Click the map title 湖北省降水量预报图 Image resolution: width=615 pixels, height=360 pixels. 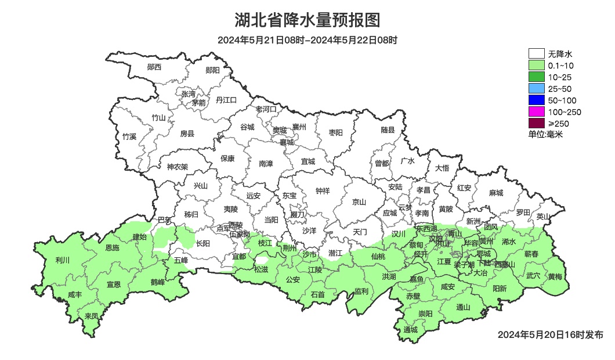(x=307, y=20)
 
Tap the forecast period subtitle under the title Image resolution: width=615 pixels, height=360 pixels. (x=307, y=40)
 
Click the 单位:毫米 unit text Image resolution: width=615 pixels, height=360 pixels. (x=545, y=135)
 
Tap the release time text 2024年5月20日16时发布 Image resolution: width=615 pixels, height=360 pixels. (x=550, y=335)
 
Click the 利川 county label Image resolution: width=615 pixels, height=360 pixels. (x=62, y=260)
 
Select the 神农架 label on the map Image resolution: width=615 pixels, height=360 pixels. (x=178, y=167)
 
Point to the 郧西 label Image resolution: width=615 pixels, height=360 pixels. (x=154, y=67)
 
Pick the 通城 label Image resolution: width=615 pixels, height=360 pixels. (x=410, y=330)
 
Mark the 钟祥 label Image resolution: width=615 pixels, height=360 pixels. (x=322, y=190)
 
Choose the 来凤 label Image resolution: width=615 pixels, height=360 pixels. (x=91, y=316)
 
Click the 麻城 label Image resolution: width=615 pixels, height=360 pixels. (x=495, y=193)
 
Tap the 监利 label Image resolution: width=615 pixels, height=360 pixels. (x=361, y=291)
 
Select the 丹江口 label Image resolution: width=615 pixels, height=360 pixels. (x=226, y=100)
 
